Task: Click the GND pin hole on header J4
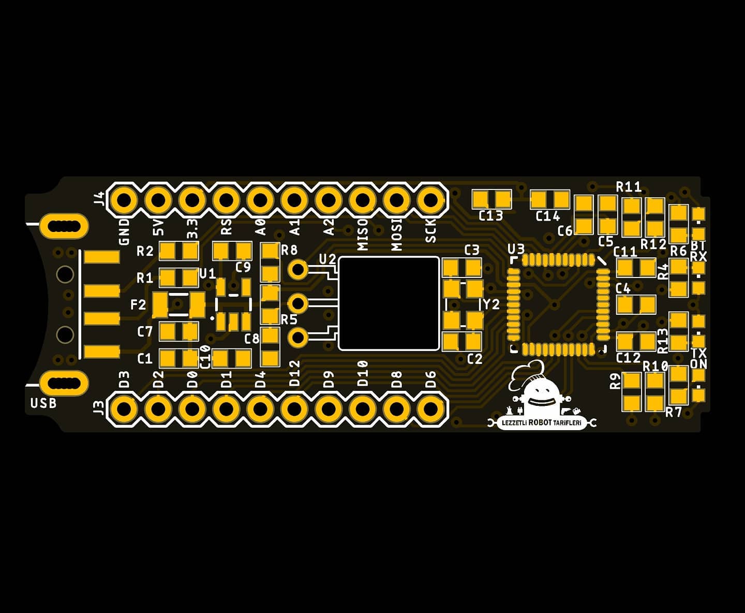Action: coord(123,200)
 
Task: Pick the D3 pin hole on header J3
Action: coord(123,409)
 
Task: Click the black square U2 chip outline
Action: coord(389,304)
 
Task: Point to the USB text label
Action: coord(43,403)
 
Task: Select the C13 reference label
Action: coord(490,215)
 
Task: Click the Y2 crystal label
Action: coord(491,304)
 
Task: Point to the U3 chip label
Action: coord(516,249)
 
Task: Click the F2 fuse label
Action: coord(138,304)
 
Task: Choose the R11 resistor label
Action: coord(629,186)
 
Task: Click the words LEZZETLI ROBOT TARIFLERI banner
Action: coord(542,423)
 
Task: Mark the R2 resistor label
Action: coord(145,251)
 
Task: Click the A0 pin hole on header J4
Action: coord(260,200)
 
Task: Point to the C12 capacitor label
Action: coord(628,358)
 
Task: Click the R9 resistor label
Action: coord(615,381)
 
